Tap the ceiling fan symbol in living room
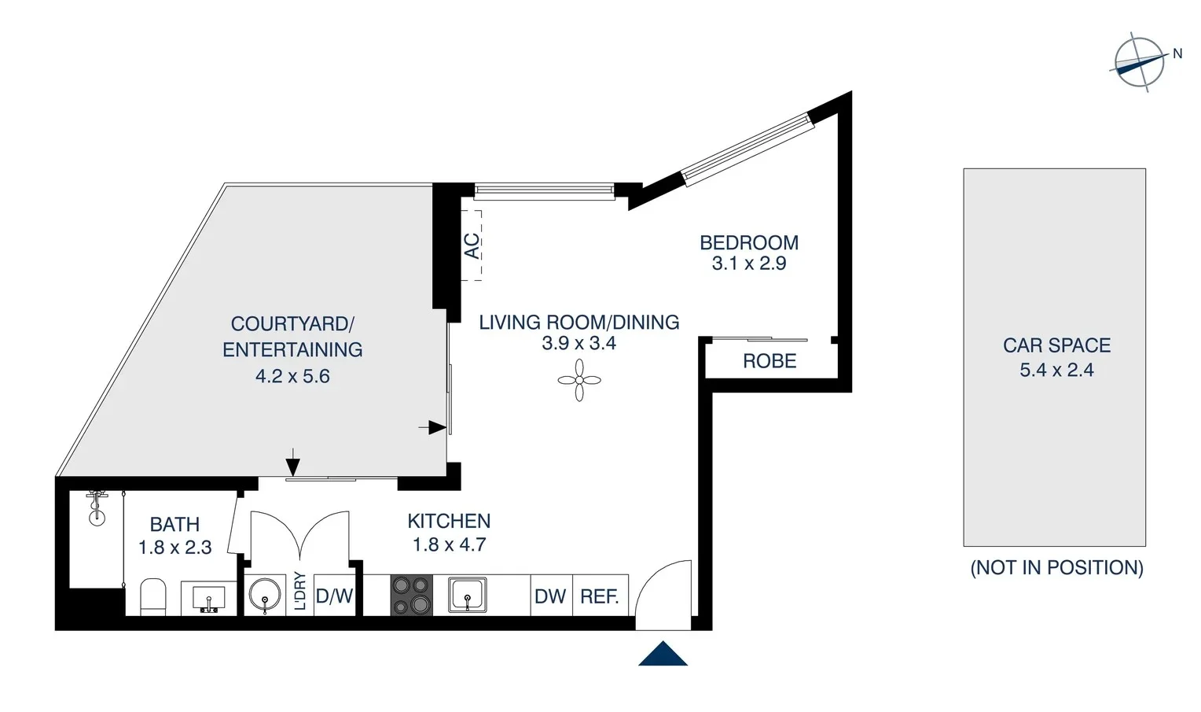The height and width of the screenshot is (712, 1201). coord(579,381)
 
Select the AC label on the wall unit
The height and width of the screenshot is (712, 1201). coord(472,245)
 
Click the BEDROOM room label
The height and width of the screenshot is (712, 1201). coord(749,242)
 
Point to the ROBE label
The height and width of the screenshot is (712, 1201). coord(769,361)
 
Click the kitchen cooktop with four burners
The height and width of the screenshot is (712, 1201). coord(412,595)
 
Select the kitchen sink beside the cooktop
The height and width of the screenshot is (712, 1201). coord(468,595)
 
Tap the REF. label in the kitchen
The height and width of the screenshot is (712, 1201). coord(600,597)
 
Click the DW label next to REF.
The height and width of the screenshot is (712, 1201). coord(550,597)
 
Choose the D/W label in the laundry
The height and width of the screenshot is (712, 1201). coord(334,597)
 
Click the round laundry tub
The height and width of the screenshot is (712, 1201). coord(265,596)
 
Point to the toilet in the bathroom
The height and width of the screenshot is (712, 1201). coord(153,597)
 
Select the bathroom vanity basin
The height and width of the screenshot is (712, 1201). coord(208,598)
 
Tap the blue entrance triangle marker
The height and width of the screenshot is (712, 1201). coord(663,655)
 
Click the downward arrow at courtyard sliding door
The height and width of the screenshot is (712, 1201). coord(292,463)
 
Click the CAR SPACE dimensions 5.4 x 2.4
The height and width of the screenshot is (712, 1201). coord(1056,370)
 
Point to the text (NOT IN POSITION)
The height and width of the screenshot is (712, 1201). coord(1056,567)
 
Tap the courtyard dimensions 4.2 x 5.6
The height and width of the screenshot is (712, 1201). coord(292,376)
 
